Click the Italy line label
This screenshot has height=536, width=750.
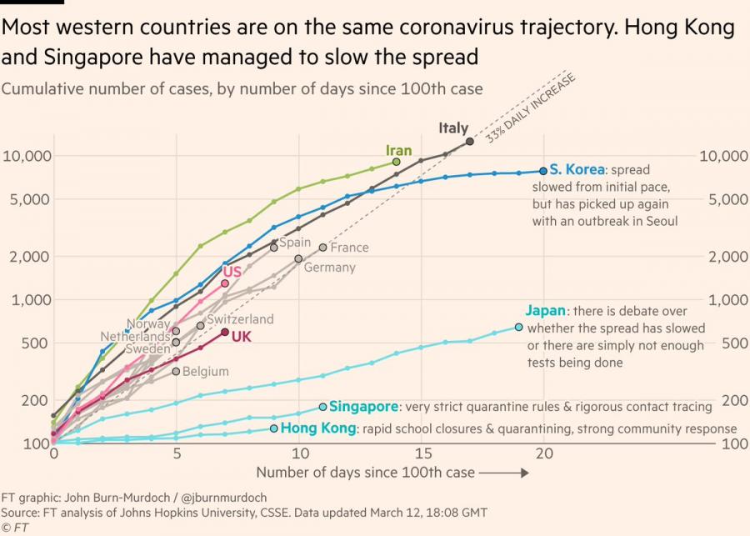point(454,128)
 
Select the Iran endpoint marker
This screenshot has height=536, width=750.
point(397,162)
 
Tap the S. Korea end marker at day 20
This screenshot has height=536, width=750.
point(543,170)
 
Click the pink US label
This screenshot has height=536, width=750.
point(232,272)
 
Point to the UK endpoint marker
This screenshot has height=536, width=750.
point(225,332)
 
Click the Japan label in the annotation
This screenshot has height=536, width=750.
point(546,310)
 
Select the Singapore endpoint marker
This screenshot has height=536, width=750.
point(322,407)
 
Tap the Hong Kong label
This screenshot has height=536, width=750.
point(317,428)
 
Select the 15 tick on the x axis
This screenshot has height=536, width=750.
point(422,454)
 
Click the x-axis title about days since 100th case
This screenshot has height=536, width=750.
point(365,473)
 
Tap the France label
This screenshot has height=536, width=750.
point(349,248)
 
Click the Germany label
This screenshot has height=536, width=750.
point(329,268)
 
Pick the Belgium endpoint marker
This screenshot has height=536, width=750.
point(176,370)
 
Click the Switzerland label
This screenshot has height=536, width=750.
point(240,319)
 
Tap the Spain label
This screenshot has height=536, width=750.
point(294,243)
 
